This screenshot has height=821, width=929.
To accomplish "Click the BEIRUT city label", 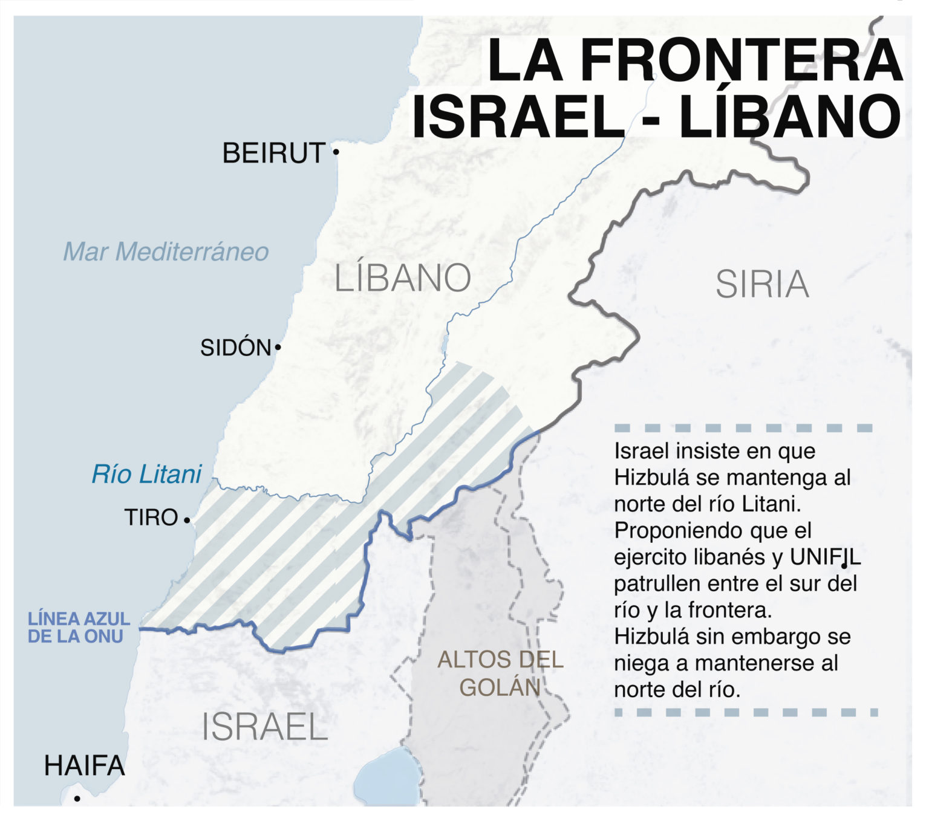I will click(x=274, y=153).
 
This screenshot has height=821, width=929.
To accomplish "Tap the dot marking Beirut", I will click(x=336, y=152).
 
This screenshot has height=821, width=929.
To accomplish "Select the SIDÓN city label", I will click(x=235, y=348).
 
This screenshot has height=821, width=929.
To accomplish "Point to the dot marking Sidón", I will click(x=278, y=347).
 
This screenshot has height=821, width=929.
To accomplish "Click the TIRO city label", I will click(x=151, y=518).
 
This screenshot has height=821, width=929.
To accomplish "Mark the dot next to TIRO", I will click(x=187, y=520).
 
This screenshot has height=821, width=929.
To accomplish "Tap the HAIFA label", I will click(x=85, y=766).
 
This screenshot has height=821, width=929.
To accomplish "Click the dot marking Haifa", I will click(x=77, y=799).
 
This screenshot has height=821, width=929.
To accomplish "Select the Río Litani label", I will click(x=146, y=475).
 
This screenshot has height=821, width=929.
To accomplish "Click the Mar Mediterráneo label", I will click(x=166, y=251).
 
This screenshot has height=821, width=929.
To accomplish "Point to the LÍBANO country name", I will click(x=403, y=278).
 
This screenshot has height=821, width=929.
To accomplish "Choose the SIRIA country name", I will click(x=762, y=284).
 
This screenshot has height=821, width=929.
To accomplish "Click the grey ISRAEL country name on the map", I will click(x=264, y=727).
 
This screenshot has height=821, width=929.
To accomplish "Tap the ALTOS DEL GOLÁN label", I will click(x=500, y=673).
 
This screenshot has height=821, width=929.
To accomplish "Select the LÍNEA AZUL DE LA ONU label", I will click(x=79, y=628).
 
